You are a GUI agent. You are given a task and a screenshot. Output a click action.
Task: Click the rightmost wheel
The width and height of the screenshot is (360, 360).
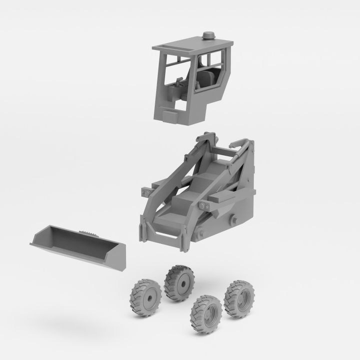click(238, 299)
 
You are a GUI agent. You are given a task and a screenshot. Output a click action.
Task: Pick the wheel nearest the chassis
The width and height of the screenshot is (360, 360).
click(179, 283)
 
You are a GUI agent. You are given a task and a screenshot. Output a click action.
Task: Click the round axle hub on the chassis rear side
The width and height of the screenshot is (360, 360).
click(233, 219)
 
